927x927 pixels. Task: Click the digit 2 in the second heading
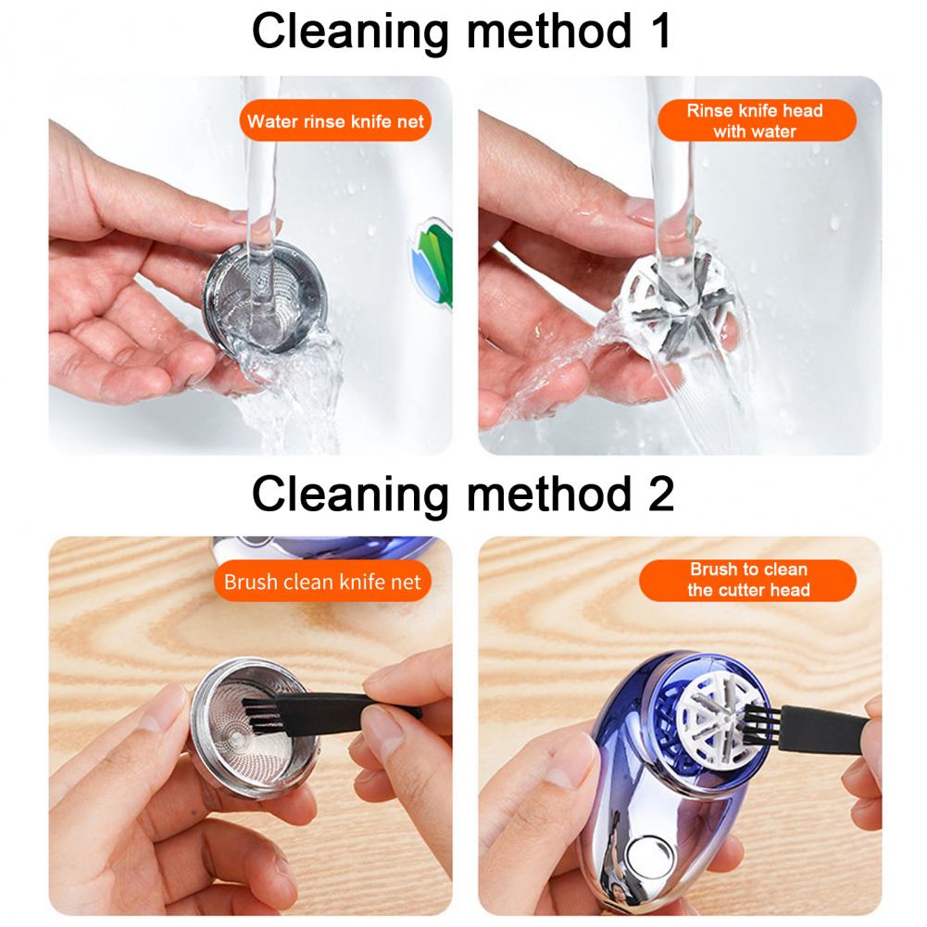tap(659, 493)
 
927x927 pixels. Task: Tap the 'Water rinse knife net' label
tap(335, 121)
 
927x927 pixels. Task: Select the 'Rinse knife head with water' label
tap(755, 121)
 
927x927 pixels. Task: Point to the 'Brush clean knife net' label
tap(322, 582)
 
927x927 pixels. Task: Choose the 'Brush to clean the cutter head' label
tap(748, 580)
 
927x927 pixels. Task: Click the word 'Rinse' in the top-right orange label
tap(708, 111)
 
